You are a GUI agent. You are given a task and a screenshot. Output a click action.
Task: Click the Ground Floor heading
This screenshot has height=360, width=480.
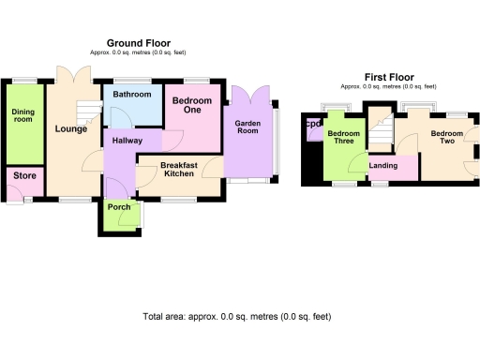[138, 43]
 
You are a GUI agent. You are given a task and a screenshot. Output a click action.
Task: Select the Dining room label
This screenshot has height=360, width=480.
[23, 115]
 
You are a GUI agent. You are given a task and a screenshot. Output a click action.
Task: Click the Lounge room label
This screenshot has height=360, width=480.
[71, 128]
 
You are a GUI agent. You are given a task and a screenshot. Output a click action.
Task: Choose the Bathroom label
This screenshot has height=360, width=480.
[131, 95]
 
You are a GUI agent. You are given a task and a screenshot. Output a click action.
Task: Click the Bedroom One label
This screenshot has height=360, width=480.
[191, 105]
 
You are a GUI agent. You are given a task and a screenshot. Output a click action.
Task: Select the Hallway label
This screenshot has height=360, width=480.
[127, 141]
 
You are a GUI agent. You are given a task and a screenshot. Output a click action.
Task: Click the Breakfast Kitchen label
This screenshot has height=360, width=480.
[179, 170]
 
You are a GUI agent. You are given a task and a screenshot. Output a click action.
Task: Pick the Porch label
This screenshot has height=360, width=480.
[119, 207]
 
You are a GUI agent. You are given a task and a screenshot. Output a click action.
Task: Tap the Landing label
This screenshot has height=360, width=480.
[382, 167]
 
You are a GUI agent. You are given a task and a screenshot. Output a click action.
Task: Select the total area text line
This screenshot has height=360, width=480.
[236, 317]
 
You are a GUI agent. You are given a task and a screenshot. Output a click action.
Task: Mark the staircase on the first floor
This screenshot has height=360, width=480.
[379, 125]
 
